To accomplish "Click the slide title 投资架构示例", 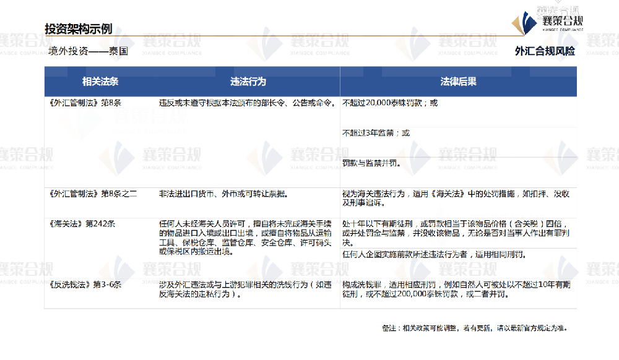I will coord(78,28).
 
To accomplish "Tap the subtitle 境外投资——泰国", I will coord(88,51).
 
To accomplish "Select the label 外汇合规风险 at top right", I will coord(544,51).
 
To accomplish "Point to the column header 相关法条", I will coord(100,81).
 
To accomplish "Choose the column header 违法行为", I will coord(248,81).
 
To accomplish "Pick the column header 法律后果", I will coord(458,81).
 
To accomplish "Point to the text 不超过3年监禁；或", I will coord(376,133).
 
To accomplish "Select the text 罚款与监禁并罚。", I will coord(371,164).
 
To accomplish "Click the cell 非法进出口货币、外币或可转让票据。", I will coord(226,194).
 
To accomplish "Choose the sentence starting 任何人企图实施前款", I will coord(433,254).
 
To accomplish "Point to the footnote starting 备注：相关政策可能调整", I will coord(475,328).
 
